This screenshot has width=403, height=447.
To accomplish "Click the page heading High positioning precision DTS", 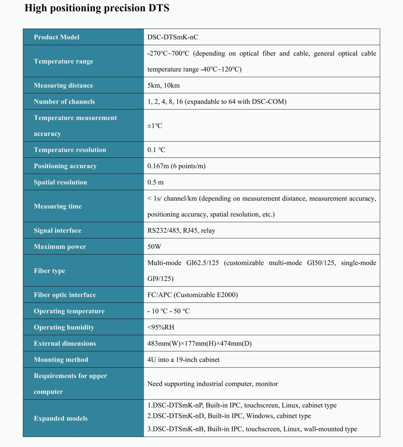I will point(97,8).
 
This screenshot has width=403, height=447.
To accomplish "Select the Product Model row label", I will point(56,37).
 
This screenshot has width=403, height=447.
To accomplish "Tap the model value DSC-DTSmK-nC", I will point(173,37).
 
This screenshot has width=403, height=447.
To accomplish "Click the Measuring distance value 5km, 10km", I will point(164,85).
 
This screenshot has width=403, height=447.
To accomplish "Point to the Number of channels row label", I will point(64,101).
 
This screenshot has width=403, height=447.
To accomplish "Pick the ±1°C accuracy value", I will point(155,126).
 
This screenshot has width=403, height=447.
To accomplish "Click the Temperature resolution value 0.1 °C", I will point(156,150).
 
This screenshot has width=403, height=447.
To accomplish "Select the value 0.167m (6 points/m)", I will point(176,166).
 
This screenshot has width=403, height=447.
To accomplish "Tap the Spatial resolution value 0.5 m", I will point(155,182).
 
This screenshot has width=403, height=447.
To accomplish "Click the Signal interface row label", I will point(57,230).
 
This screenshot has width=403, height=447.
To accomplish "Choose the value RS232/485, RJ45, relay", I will point(181,230).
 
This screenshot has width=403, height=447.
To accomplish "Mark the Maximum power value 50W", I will point(154,247).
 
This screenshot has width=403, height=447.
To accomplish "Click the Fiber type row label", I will point(50,271).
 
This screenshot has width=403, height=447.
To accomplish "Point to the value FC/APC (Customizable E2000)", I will point(192,295).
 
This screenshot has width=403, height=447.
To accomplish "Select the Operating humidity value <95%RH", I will point(161,327).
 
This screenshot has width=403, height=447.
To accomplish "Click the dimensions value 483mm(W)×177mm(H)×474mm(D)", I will point(199,343).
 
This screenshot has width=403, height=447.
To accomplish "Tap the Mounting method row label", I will point(61,359).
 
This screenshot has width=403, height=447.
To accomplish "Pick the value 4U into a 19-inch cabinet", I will point(183,359).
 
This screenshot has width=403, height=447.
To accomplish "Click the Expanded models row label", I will point(61,418).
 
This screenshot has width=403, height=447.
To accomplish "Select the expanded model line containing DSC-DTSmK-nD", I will point(229,416).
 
